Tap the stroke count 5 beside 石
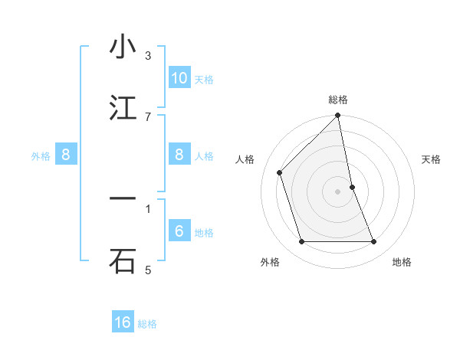(148, 270)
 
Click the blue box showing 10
(179, 77)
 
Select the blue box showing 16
(123, 322)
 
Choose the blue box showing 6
(179, 231)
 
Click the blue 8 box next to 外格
(66, 155)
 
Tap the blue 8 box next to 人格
(179, 155)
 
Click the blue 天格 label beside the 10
(204, 79)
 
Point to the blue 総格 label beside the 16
(147, 324)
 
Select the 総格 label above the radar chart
(338, 100)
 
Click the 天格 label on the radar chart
(432, 159)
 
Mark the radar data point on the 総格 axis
(338, 116)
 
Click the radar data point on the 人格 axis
(280, 172)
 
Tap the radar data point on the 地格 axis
(374, 242)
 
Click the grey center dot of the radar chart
(338, 191)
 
